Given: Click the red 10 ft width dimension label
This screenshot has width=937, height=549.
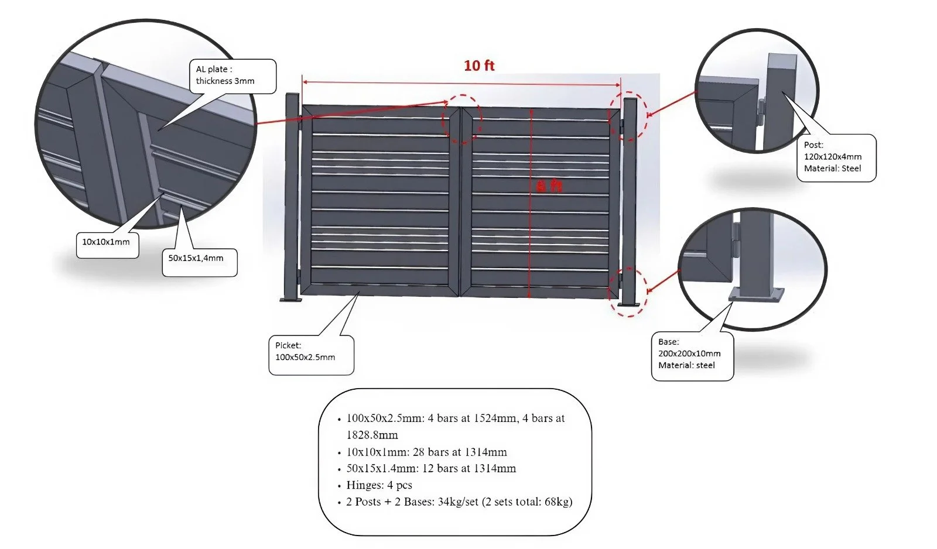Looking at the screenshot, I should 479,66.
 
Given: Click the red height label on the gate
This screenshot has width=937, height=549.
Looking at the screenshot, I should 549,186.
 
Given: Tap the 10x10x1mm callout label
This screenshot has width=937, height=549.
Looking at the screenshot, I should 106,242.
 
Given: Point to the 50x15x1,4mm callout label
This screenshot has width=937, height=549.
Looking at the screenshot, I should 196,258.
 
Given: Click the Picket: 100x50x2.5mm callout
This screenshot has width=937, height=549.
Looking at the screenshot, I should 305,352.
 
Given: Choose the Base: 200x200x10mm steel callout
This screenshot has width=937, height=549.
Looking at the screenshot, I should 689,354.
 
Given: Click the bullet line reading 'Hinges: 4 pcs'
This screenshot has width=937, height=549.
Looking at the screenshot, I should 379,485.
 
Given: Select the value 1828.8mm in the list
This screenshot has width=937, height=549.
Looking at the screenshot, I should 372,435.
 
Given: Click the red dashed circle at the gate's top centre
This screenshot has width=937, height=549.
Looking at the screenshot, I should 463,119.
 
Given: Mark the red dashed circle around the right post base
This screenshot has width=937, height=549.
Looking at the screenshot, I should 629,293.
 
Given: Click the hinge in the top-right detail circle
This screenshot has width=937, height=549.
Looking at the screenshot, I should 762,111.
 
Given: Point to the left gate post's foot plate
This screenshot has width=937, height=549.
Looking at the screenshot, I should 291,300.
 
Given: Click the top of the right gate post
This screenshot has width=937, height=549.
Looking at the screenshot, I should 630,101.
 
